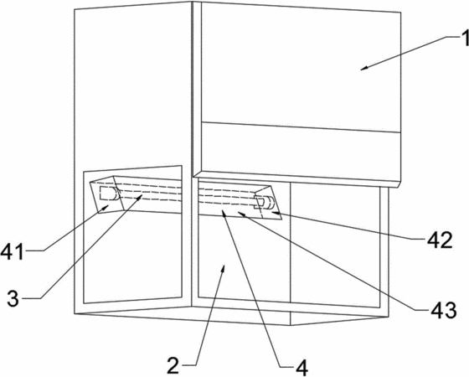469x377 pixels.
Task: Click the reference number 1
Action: (465, 39)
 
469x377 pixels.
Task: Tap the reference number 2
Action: (173, 365)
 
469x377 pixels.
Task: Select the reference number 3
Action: (13, 298)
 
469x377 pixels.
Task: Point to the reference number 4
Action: (301, 368)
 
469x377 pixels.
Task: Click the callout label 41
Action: (12, 251)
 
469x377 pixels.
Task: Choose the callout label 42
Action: (440, 240)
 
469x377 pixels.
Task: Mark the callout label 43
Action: (443, 309)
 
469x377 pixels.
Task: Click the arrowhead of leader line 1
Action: (364, 68)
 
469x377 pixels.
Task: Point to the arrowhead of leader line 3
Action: (139, 197)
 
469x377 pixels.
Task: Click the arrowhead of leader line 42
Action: (276, 213)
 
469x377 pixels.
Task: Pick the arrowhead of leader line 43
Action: (242, 214)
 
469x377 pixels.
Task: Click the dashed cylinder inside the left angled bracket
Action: (109, 194)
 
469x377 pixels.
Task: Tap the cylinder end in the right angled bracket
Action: (269, 203)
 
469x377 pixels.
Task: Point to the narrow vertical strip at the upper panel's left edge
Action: (197, 89)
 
